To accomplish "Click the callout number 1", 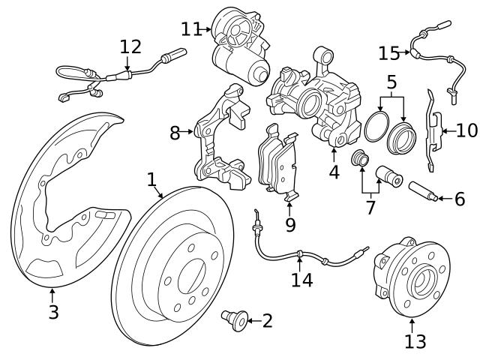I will [151, 179].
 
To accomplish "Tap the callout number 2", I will [267, 322].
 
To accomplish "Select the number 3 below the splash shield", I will [53, 312].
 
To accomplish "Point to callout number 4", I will [334, 171].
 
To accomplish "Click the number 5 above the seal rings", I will [391, 82].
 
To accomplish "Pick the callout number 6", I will [460, 199].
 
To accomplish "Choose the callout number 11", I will [191, 28].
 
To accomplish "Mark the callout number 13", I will [415, 341].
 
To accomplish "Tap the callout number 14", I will [302, 280].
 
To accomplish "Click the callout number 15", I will [389, 53].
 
